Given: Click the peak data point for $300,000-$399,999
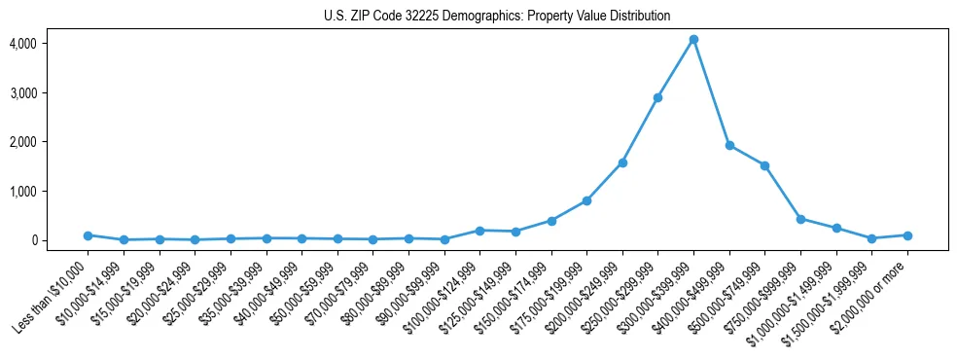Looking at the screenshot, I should tap(693, 40).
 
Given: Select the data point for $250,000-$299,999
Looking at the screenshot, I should tap(657, 97).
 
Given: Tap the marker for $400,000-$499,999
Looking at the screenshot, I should tap(729, 145).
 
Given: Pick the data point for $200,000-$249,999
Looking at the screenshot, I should tap(622, 162).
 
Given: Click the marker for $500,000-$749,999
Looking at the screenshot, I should tap(764, 165).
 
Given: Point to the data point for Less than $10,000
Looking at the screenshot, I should tap(88, 235).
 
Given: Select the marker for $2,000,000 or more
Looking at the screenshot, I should tap(907, 235).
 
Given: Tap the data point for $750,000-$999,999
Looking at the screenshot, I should tap(800, 219).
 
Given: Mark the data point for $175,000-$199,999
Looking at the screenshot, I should tap(586, 200).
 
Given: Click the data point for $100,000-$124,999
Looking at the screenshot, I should tap(479, 231).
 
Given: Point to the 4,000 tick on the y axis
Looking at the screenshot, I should tap(22, 44).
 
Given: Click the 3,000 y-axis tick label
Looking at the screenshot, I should tap(22, 93).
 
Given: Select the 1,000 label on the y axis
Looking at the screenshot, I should tap(22, 192).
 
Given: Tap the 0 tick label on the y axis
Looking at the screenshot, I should tap(32, 240).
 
